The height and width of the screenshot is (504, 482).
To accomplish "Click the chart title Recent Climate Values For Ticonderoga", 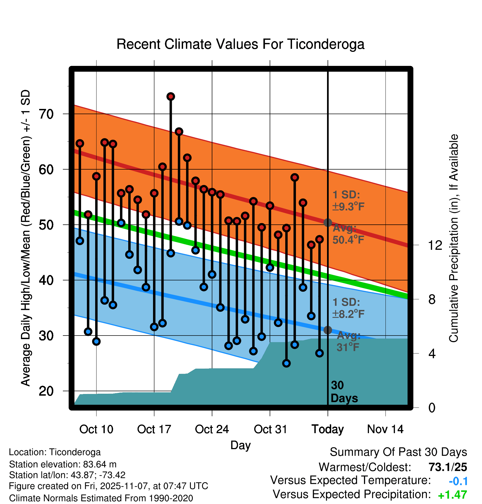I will tap(240, 44).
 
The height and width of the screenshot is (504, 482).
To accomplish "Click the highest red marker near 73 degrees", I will tap(171, 96).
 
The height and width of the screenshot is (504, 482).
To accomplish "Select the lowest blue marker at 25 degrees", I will tap(286, 363).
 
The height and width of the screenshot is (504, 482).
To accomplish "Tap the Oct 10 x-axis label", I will tap(96, 429).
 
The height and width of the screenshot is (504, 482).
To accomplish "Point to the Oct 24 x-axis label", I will tap(212, 429).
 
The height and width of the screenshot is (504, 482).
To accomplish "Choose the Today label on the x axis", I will tap(328, 429).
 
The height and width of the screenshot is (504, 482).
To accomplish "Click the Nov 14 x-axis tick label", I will tap(385, 429).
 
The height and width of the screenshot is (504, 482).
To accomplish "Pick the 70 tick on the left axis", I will tap(46, 114).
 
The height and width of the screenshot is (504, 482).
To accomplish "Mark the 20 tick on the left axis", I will tap(46, 391).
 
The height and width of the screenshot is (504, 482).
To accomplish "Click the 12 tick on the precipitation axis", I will tap(435, 245).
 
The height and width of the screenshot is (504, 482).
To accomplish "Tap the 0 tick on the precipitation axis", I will tap(432, 408).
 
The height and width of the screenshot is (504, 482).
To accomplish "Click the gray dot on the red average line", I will tap(328, 222).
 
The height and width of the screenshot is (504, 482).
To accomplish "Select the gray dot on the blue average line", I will tap(328, 330).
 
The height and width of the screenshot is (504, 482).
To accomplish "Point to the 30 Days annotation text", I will tap(344, 392).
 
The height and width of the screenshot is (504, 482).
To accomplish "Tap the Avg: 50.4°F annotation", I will tap(348, 234).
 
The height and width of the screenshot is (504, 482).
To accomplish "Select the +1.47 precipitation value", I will tap(452, 495).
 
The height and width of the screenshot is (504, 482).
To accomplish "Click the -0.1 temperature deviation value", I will tap(458, 481).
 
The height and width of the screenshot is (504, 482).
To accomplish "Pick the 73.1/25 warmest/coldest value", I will tap(448, 467).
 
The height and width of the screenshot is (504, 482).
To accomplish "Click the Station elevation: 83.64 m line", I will tap(63, 464).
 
